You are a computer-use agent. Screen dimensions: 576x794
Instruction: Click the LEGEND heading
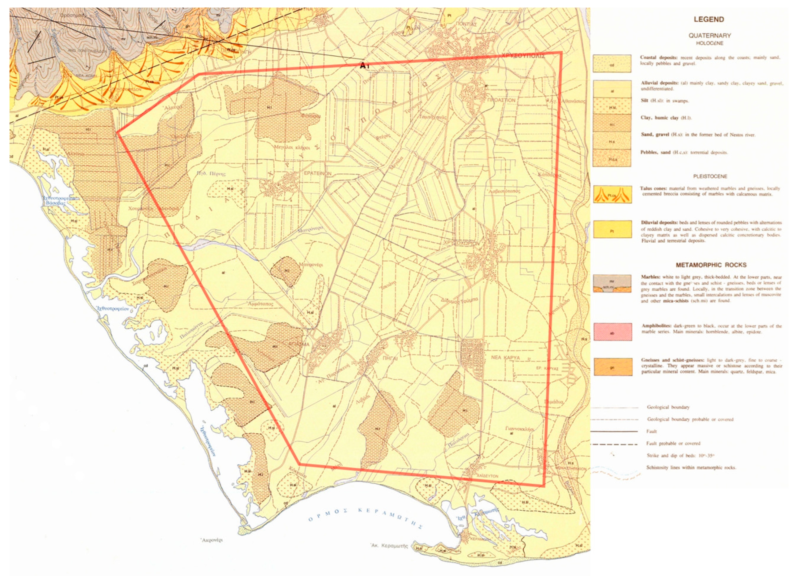pos(709,19)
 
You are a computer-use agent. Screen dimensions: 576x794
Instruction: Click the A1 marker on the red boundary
pos(364,65)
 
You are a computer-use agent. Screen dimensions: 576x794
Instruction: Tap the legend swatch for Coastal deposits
pos(612,64)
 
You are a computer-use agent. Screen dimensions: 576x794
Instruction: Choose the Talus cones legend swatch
pos(612,194)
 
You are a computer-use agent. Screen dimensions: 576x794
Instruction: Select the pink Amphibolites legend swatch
pos(612,331)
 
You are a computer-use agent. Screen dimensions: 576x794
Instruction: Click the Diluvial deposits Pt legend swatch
pos(612,229)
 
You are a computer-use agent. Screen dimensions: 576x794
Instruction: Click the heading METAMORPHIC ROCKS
pos(709,265)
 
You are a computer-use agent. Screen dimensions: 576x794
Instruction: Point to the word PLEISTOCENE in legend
pos(709,176)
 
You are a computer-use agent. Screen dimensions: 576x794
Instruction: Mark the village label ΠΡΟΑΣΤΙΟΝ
pos(501,100)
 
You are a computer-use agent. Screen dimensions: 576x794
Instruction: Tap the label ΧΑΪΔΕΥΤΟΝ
pos(487,476)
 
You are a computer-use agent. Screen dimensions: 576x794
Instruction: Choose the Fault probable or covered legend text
pos(673,443)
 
